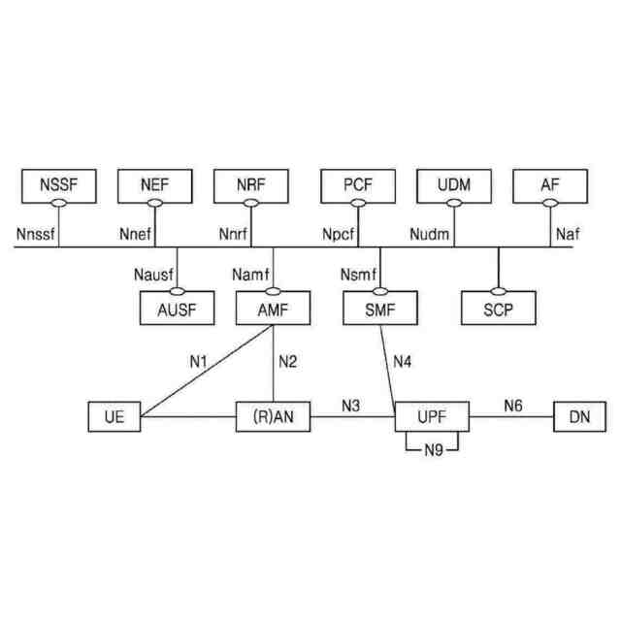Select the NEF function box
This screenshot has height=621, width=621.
[x=154, y=184]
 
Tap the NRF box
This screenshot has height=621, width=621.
[x=250, y=184]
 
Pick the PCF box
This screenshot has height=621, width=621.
[x=358, y=184]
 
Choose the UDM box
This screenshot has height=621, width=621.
[x=454, y=184]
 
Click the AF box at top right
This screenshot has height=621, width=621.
[x=550, y=184]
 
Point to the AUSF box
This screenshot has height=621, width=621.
[x=179, y=310]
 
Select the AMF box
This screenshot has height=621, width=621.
[x=274, y=310]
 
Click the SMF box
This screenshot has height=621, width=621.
[x=380, y=310]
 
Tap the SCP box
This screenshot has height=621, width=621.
[x=499, y=310]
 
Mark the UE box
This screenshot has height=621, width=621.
[x=114, y=418]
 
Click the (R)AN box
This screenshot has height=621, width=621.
[x=274, y=418]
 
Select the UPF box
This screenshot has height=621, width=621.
[x=432, y=417]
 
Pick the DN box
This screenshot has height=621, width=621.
[x=578, y=418]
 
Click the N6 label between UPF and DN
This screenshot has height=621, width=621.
[x=514, y=405]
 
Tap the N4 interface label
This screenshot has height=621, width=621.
[x=403, y=363]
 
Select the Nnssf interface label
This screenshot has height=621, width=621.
[x=36, y=234]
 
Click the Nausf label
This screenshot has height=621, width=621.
[x=153, y=277]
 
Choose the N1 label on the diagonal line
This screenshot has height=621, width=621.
[x=199, y=363]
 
